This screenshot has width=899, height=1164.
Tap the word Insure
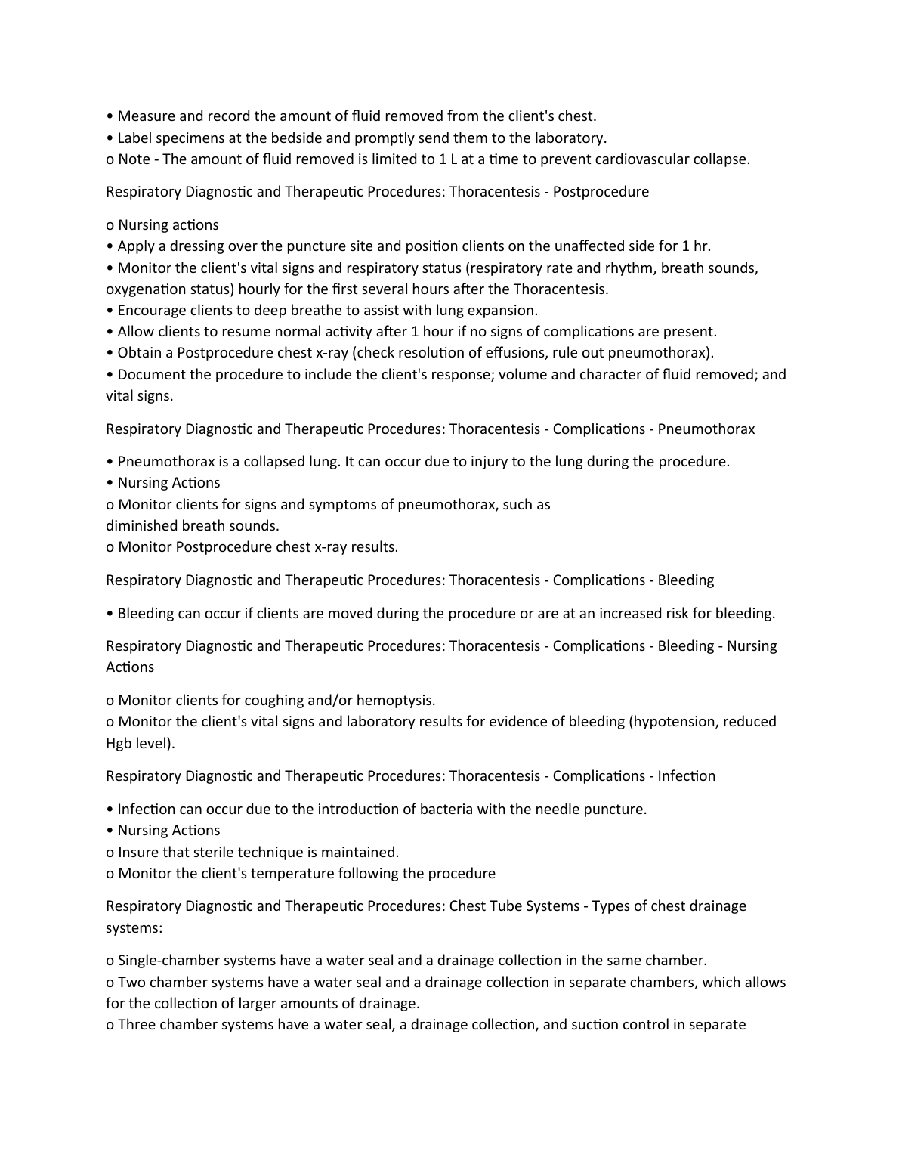(x=137, y=853)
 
